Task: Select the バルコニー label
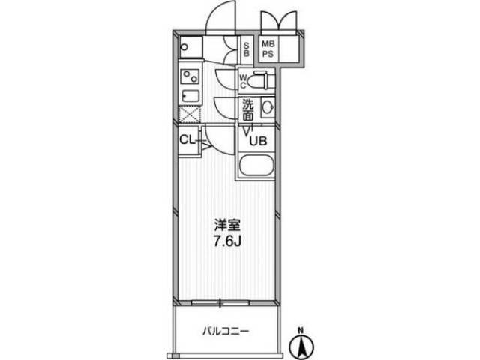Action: (226, 331)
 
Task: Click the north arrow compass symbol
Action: (301, 346)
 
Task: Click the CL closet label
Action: (187, 140)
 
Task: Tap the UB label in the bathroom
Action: (259, 141)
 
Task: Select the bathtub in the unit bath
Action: (256, 166)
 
